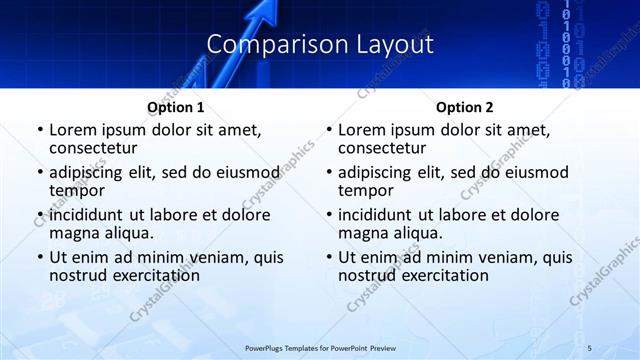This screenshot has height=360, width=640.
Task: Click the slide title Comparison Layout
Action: [x=319, y=45]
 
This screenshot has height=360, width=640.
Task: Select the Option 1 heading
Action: [x=175, y=107]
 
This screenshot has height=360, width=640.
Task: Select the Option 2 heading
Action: [x=464, y=107]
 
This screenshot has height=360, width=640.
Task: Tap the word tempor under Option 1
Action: [x=75, y=190]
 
